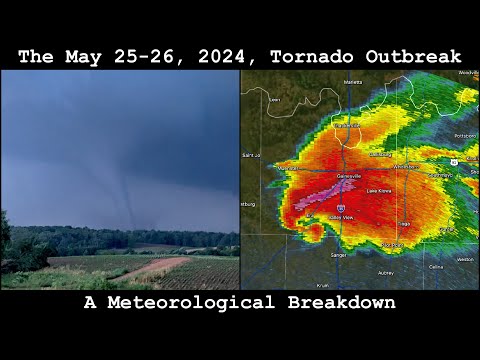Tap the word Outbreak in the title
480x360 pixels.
pyautogui.click(x=412, y=57)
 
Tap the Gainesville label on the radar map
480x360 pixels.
pyautogui.click(x=349, y=174)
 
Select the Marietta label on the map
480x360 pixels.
pyautogui.click(x=352, y=82)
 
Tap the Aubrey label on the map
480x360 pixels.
pyautogui.click(x=386, y=272)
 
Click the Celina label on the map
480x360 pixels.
pyautogui.click(x=435, y=268)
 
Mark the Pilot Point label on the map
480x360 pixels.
pyautogui.click(x=393, y=244)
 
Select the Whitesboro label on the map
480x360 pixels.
pyautogui.click(x=406, y=167)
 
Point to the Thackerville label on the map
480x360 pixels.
pyautogui.click(x=347, y=126)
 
